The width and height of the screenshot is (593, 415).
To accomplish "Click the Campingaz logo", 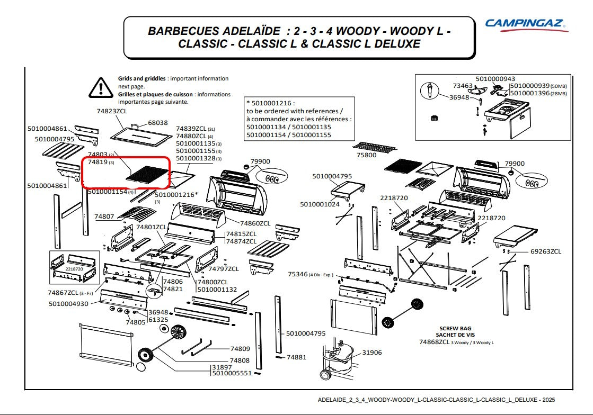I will (x=526, y=24).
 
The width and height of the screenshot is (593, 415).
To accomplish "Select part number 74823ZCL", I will (x=112, y=112).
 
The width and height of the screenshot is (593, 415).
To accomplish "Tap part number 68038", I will (x=157, y=123).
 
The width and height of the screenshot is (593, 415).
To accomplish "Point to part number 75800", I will (x=366, y=155).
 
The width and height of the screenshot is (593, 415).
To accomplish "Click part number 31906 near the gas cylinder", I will (x=371, y=353).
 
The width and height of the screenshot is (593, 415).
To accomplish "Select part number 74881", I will (x=296, y=357).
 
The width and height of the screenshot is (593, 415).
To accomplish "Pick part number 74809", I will (x=240, y=349).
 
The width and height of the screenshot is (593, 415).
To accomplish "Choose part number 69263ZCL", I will (x=546, y=251).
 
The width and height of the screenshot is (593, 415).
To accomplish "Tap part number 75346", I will (x=297, y=274).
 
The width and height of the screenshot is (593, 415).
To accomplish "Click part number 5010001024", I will (x=320, y=204).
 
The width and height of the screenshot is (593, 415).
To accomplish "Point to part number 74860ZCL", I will (x=255, y=223).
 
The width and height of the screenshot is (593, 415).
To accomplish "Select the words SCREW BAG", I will (x=455, y=328).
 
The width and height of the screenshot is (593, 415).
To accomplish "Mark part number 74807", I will (x=104, y=216).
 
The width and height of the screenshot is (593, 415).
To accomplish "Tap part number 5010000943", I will (x=495, y=79).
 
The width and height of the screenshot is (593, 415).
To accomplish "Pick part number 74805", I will (x=135, y=322).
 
